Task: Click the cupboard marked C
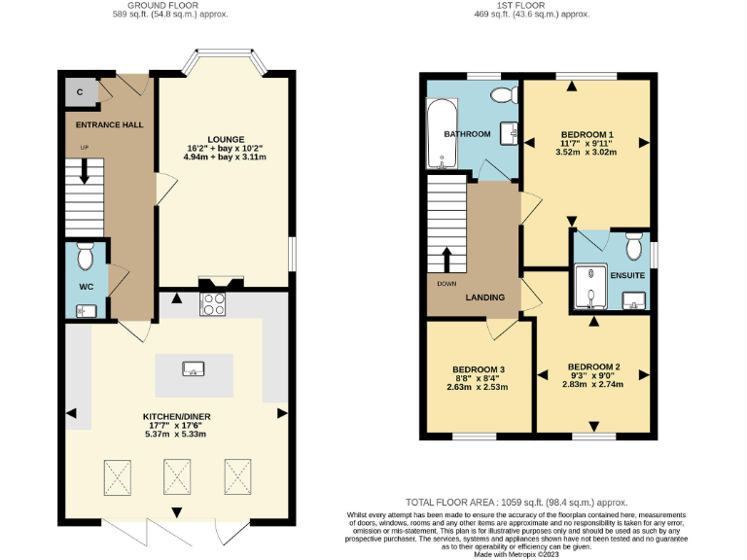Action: pyautogui.click(x=80, y=92)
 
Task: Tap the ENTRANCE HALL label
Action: pyautogui.click(x=104, y=124)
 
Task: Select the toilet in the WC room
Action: pyautogui.click(x=84, y=257)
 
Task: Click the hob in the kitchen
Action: pyautogui.click(x=213, y=303)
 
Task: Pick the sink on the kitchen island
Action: pyautogui.click(x=194, y=367)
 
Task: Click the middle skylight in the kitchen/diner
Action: pyautogui.click(x=177, y=476)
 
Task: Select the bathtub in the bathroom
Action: pyautogui.click(x=436, y=135)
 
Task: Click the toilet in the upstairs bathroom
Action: pyautogui.click(x=503, y=94)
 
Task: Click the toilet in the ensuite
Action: pyautogui.click(x=634, y=248)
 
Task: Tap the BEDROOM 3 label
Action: pyautogui.click(x=479, y=370)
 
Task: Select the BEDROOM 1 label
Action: pyautogui.click(x=587, y=134)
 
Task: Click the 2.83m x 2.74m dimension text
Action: pyautogui.click(x=592, y=384)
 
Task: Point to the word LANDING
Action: pyautogui.click(x=484, y=297)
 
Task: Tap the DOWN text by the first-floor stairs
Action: pyautogui.click(x=446, y=283)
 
